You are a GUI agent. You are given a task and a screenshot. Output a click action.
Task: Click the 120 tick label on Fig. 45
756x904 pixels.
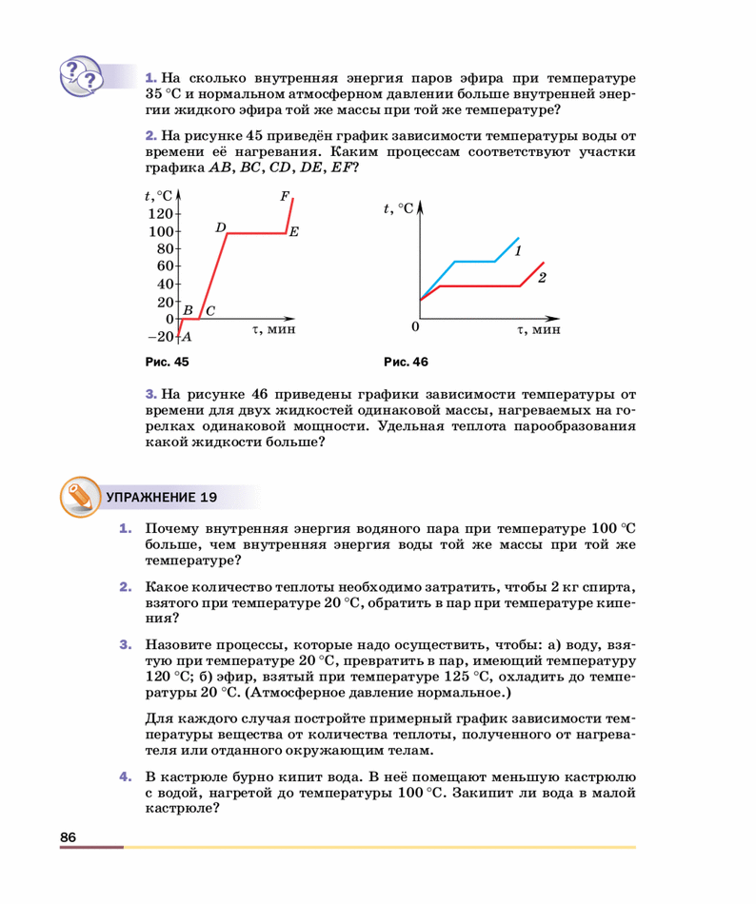pyautogui.click(x=160, y=214)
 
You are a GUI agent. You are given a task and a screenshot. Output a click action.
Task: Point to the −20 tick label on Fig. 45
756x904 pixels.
pyautogui.click(x=160, y=337)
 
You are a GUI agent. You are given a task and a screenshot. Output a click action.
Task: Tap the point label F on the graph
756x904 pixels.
pyautogui.click(x=284, y=197)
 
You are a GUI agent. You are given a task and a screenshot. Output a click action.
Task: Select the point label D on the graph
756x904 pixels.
pyautogui.click(x=220, y=227)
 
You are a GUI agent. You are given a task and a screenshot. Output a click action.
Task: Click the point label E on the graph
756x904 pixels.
pyautogui.click(x=294, y=232)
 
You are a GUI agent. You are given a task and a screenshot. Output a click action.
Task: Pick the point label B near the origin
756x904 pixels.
pyautogui.click(x=188, y=310)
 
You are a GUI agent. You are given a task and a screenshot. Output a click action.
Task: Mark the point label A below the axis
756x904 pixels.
pyautogui.click(x=187, y=337)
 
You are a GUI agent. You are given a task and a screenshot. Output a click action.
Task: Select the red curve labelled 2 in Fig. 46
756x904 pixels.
pyautogui.click(x=476, y=285)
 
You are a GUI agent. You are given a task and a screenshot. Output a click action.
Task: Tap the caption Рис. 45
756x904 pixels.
pyautogui.click(x=167, y=362)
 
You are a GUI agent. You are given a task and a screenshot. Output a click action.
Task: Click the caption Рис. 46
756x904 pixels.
pyautogui.click(x=406, y=362)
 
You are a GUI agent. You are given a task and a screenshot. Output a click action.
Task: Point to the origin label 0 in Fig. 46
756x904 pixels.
pyautogui.click(x=415, y=328)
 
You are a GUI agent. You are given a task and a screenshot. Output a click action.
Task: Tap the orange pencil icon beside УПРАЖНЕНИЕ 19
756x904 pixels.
pyautogui.click(x=79, y=497)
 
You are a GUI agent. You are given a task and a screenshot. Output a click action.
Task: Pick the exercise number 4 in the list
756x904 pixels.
pyautogui.click(x=124, y=776)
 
